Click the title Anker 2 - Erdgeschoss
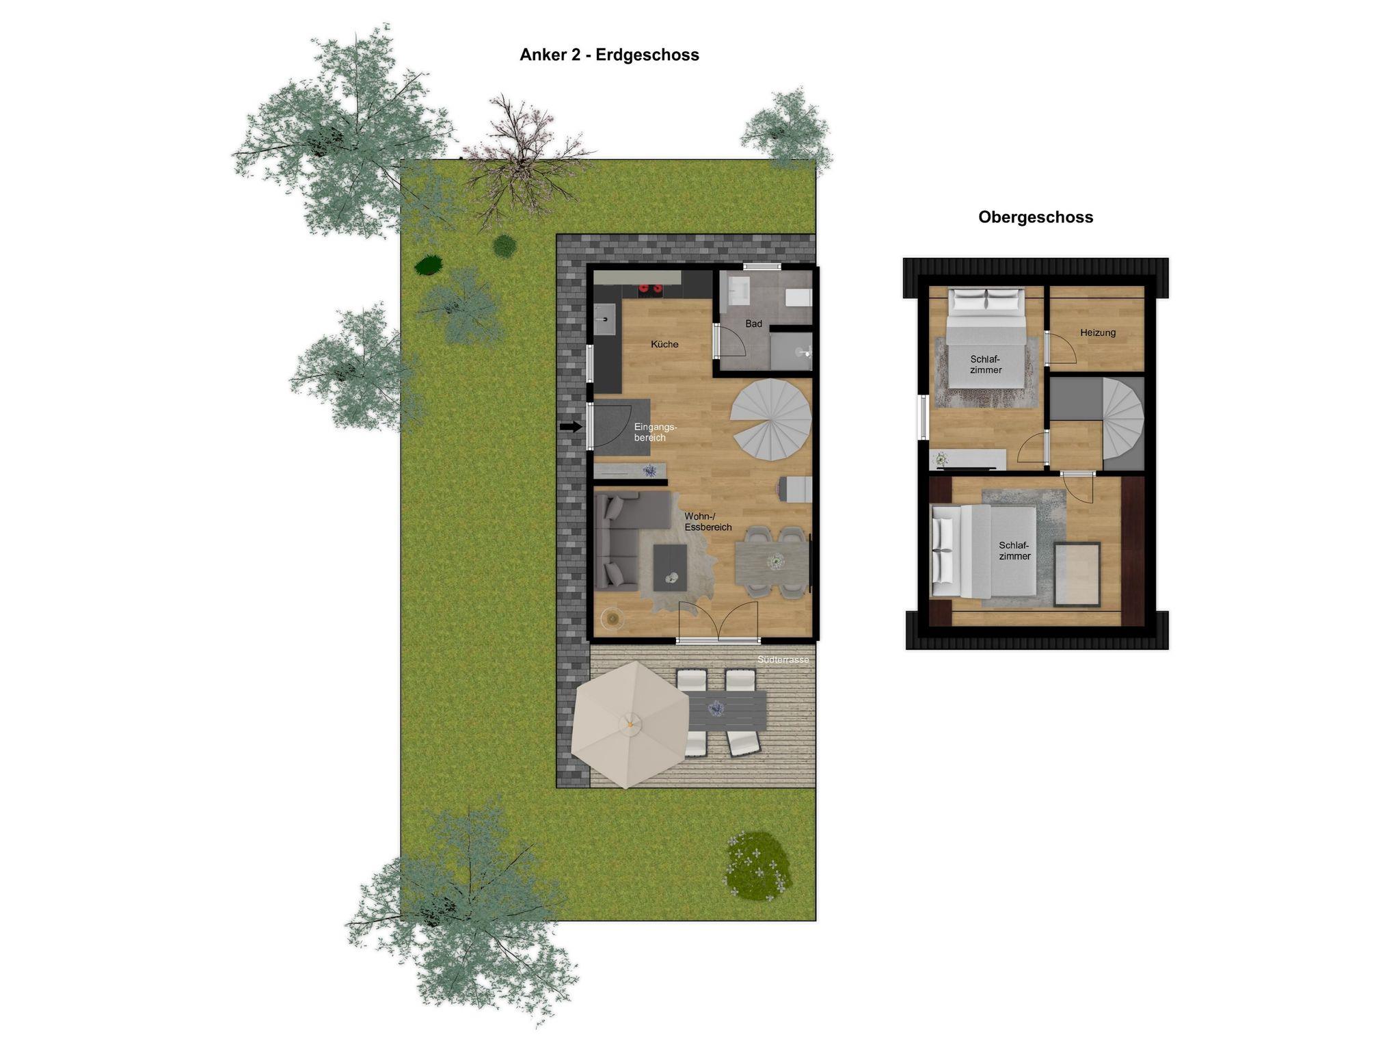(x=609, y=55)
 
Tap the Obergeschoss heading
(x=1035, y=217)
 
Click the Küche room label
(x=664, y=344)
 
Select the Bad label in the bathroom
(x=753, y=324)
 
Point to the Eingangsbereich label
(x=655, y=432)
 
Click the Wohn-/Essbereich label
(x=708, y=522)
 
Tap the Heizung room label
(x=1098, y=332)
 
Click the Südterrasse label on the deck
(x=783, y=660)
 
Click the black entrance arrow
(x=571, y=428)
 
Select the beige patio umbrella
(x=630, y=724)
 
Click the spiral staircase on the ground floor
(x=771, y=419)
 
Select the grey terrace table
(x=725, y=709)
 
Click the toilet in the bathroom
(x=798, y=298)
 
